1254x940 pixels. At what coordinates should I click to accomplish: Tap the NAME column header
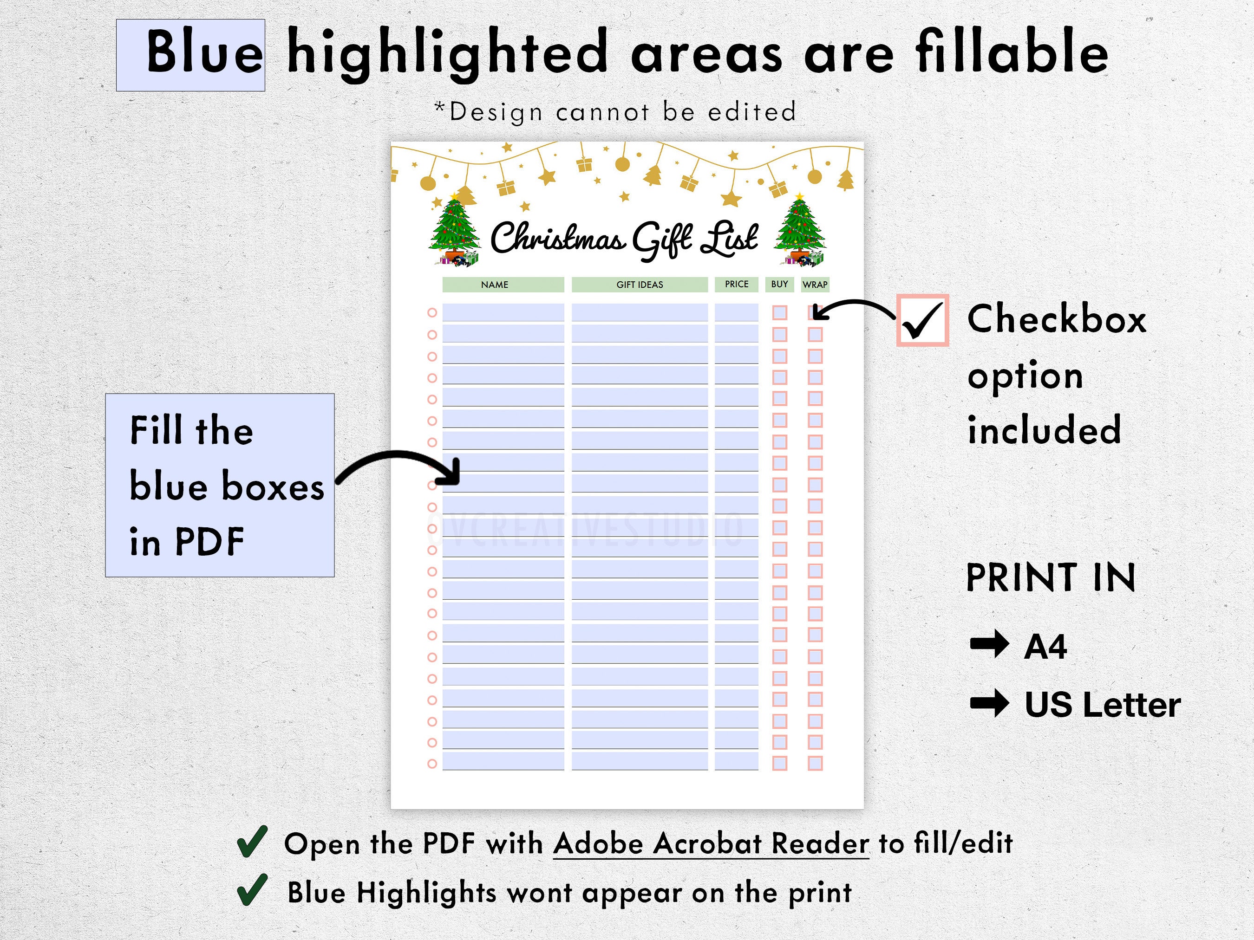coord(494,285)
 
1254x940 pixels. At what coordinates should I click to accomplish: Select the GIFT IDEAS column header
coord(640,285)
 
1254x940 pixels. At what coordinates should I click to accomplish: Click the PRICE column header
coord(737,284)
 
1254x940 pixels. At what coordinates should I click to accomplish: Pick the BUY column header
coord(779,284)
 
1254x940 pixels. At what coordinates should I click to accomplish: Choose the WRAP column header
coord(815,285)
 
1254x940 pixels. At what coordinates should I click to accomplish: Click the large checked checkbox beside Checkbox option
coord(922,320)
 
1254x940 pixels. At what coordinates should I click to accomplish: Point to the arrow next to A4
coord(989,645)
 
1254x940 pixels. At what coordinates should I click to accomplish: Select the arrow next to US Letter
coord(989,704)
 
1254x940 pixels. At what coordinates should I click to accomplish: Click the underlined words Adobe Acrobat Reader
coord(711,843)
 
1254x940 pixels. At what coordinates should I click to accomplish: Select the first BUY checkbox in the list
coord(779,313)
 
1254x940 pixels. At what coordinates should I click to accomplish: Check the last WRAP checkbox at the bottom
coord(815,763)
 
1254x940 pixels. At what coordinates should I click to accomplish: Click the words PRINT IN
coord(1051,578)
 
